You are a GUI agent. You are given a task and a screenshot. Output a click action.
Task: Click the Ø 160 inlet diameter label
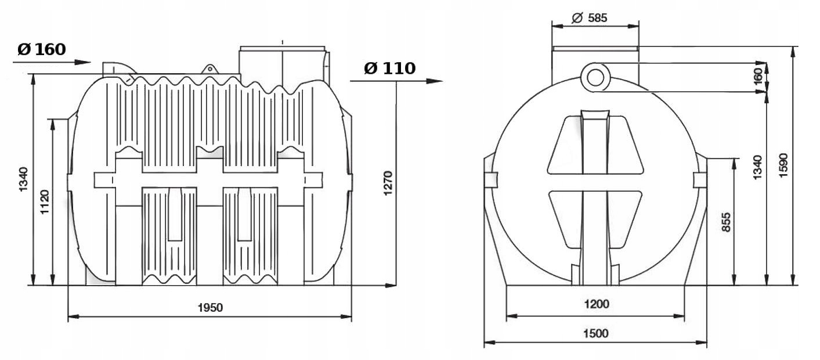pos(41,49)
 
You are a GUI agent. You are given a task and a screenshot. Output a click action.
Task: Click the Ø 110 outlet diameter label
pos(389,69)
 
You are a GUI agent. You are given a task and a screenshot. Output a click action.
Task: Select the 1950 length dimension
pos(209,308)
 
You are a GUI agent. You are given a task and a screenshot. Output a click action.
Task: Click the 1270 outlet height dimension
pos(388,183)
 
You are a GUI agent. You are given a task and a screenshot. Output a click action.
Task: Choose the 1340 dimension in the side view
pos(23,180)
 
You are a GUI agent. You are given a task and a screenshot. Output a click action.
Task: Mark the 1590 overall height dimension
pos(783,165)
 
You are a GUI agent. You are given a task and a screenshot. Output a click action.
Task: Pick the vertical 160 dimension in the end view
pos(757,77)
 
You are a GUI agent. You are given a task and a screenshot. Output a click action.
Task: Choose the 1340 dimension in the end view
pos(757,167)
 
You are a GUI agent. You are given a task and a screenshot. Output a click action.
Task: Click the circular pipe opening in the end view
pos(594,77)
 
